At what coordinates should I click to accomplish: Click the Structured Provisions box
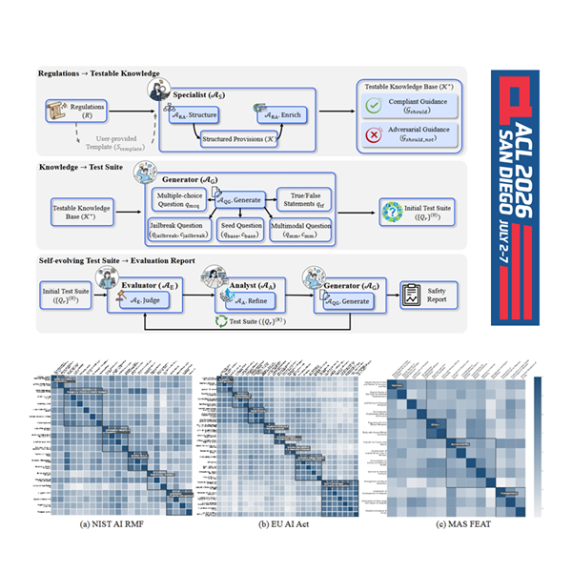pyautogui.click(x=235, y=140)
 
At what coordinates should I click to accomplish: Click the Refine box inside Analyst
pyautogui.click(x=238, y=297)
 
